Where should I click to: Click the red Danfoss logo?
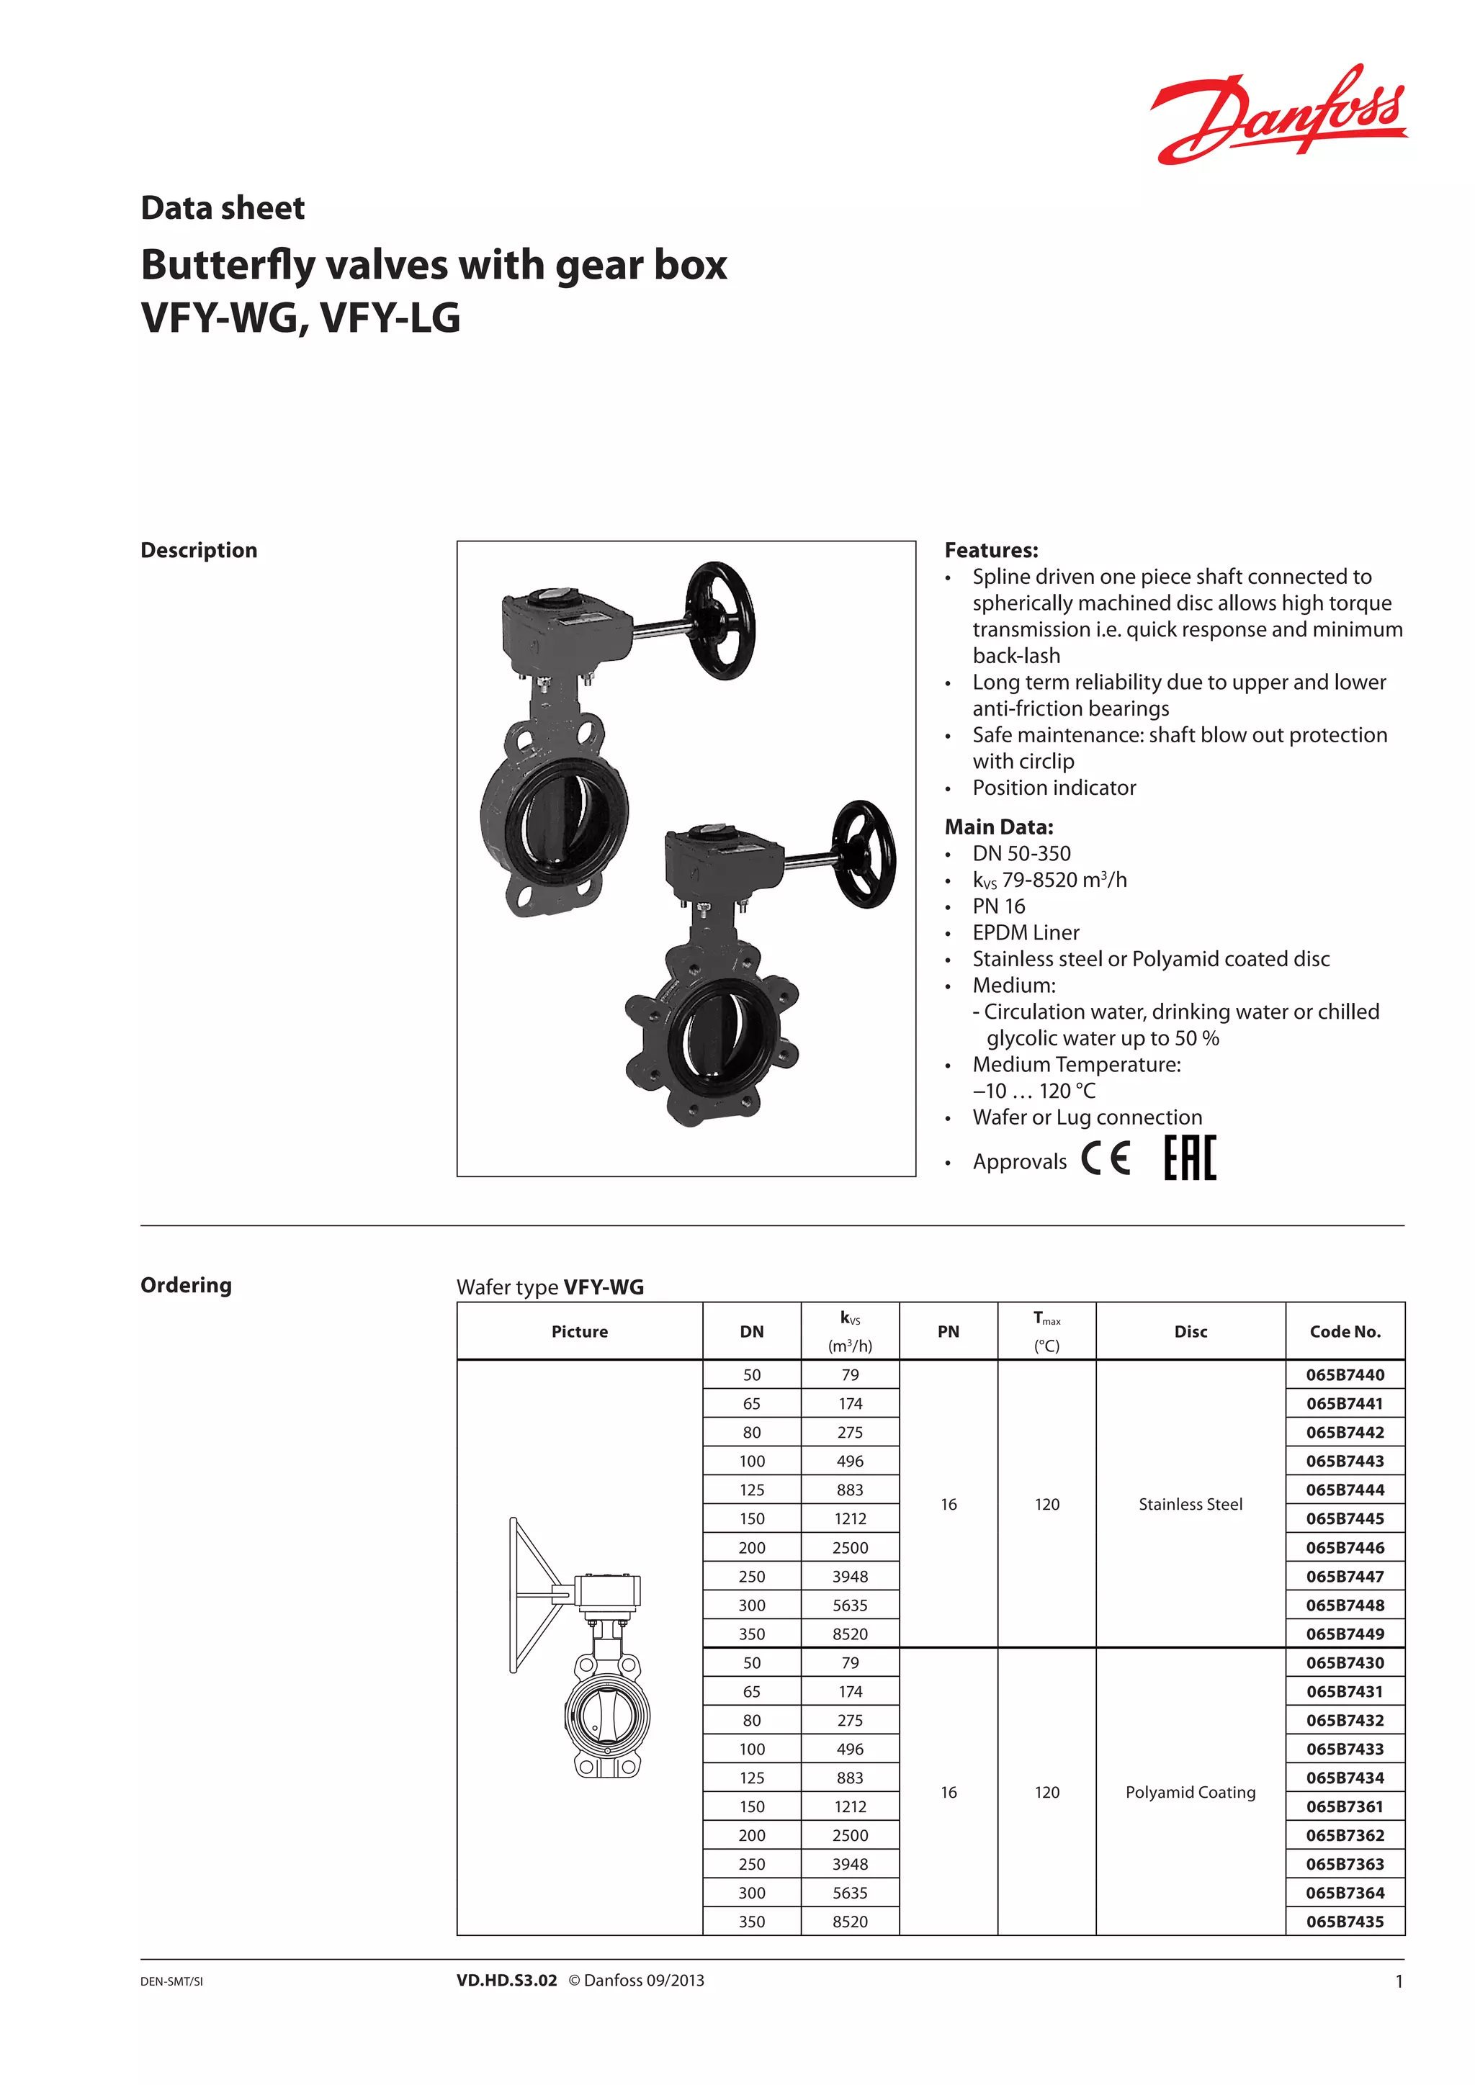1279,114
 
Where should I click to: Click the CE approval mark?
1106,1158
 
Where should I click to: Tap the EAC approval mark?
1190,1158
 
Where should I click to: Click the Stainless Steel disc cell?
1190,1504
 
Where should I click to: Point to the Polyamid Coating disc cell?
1190,1792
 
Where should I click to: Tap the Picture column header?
580,1331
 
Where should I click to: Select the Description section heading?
199,550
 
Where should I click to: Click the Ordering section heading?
187,1285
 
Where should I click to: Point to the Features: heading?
991,550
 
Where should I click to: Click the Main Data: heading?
999,827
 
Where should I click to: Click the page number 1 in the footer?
1399,1981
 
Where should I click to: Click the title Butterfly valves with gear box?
434,265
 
